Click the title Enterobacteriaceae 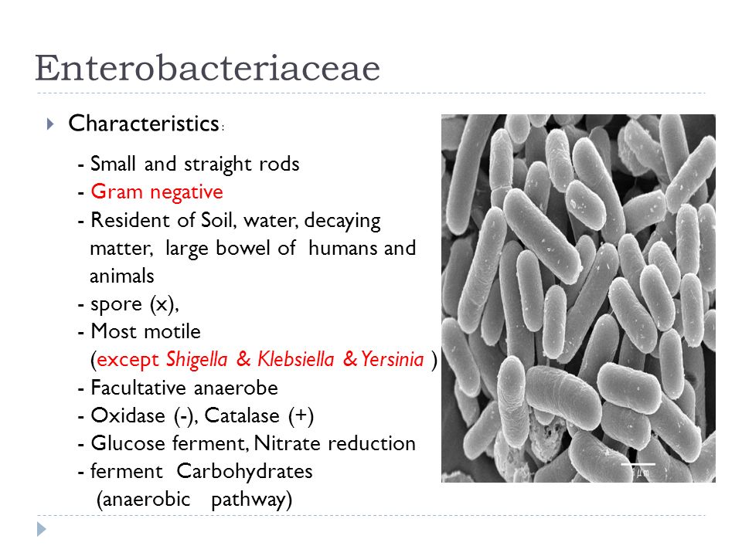pos(207,68)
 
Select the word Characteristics pos(144,124)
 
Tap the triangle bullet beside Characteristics pos(51,124)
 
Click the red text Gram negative pos(157,192)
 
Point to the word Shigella pos(197,360)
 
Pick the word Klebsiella pos(296,359)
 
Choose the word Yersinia pos(393,359)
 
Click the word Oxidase pos(128,415)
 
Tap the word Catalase pos(242,415)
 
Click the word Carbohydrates pos(245,472)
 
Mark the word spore pos(116,305)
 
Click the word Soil pos(216,220)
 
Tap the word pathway pos(251,500)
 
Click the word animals pos(122,276)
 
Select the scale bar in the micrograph pos(638,464)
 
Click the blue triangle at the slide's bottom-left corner pos(42,529)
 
